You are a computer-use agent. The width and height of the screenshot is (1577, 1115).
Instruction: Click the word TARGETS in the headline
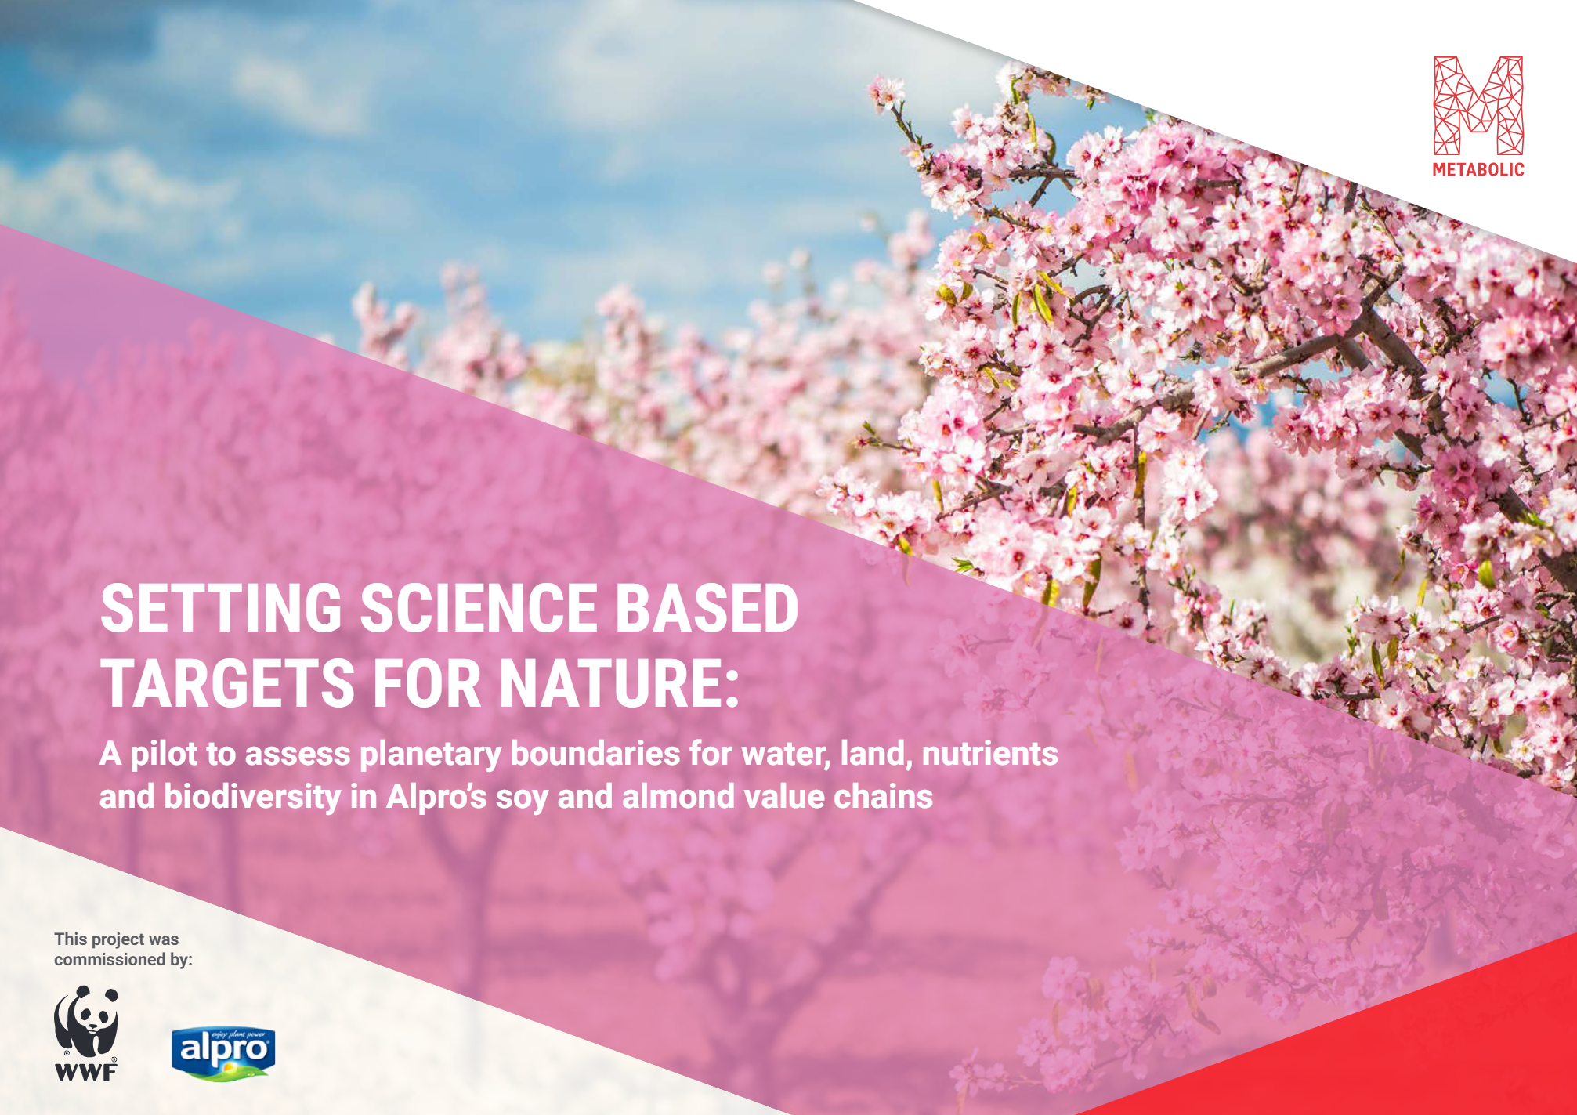[x=229, y=682]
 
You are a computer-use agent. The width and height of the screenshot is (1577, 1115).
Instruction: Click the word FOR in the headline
[x=427, y=682]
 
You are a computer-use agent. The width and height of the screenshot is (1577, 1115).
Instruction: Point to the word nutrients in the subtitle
[x=989, y=754]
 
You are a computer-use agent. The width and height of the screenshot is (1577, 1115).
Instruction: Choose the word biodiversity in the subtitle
[x=252, y=798]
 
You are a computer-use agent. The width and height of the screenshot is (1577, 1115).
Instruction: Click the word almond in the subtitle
[x=678, y=797]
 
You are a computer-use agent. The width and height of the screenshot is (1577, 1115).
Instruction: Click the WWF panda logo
[x=86, y=1034]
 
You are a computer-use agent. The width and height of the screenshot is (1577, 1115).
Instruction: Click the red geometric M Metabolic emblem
[x=1478, y=105]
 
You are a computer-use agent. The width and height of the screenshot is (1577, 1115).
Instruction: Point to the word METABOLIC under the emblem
[x=1478, y=169]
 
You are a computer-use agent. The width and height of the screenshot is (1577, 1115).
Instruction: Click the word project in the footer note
[x=118, y=939]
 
